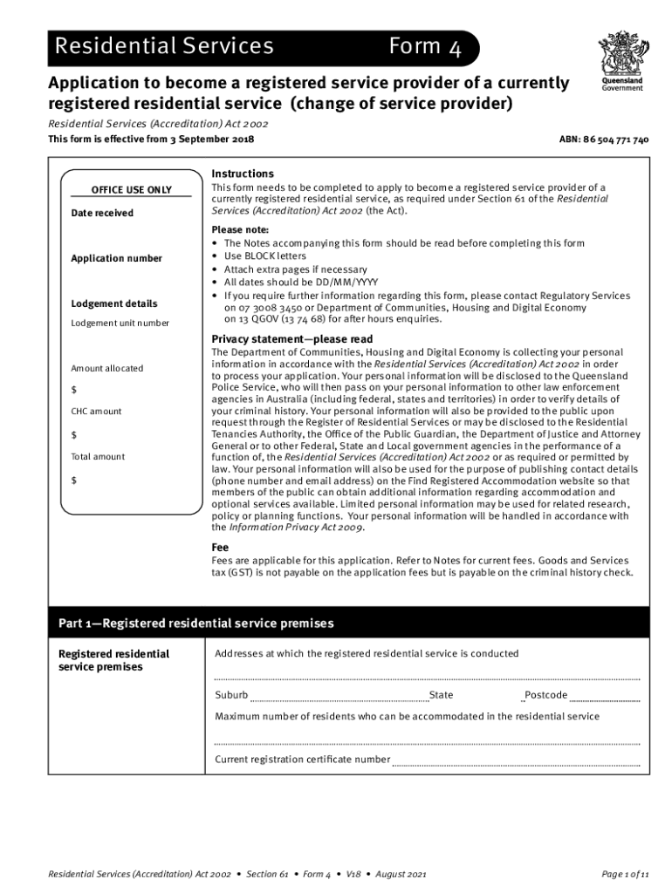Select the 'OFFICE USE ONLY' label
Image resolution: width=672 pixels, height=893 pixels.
tap(132, 190)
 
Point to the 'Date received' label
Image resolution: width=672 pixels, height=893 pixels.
tap(102, 213)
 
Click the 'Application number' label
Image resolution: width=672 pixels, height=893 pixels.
tap(116, 258)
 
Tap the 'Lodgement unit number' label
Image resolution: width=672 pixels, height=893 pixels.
tap(120, 323)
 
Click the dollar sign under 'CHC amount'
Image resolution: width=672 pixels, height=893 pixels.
tap(74, 434)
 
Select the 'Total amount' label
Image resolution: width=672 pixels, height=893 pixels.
tap(98, 456)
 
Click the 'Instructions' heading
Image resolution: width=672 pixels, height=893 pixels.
tap(243, 174)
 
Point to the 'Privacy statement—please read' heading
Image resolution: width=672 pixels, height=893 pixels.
tap(292, 338)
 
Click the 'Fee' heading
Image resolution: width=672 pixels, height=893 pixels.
tap(220, 547)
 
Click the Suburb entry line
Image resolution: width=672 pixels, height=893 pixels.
tap(339, 697)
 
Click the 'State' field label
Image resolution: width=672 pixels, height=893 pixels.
tap(441, 695)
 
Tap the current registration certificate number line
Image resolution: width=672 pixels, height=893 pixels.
tap(516, 761)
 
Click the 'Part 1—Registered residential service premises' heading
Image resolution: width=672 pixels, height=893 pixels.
tap(195, 624)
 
